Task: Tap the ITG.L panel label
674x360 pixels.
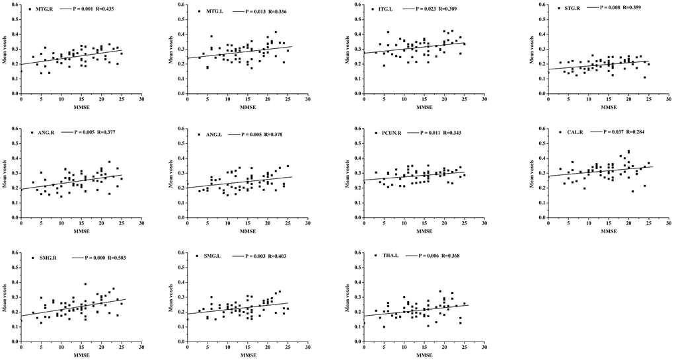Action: [x=384, y=10]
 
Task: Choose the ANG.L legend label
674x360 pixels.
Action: [x=215, y=134]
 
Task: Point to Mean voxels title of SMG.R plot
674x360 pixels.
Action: [x=5, y=295]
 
